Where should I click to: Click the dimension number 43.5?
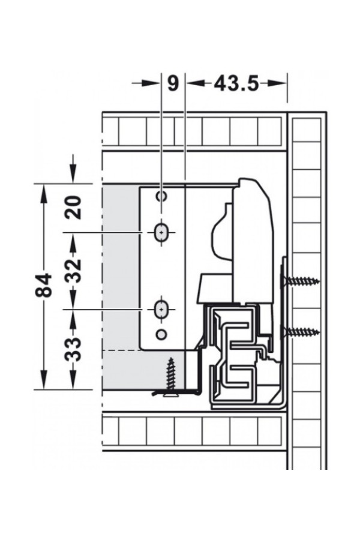click(236, 83)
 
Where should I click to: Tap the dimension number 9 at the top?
click(173, 83)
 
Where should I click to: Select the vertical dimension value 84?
click(44, 286)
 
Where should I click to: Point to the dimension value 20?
click(74, 208)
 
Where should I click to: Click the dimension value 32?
click(74, 271)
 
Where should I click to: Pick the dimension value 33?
click(73, 349)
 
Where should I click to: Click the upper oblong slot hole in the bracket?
click(161, 233)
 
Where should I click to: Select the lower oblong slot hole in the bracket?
click(161, 310)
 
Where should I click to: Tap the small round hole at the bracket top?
click(161, 196)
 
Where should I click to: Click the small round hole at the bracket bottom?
click(161, 334)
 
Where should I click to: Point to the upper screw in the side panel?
click(300, 281)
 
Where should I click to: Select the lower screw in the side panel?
click(300, 332)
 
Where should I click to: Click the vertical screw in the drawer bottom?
click(170, 377)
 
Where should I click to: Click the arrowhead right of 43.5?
click(278, 83)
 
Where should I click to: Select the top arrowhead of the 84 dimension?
click(44, 194)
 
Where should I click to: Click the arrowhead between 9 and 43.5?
click(195, 83)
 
